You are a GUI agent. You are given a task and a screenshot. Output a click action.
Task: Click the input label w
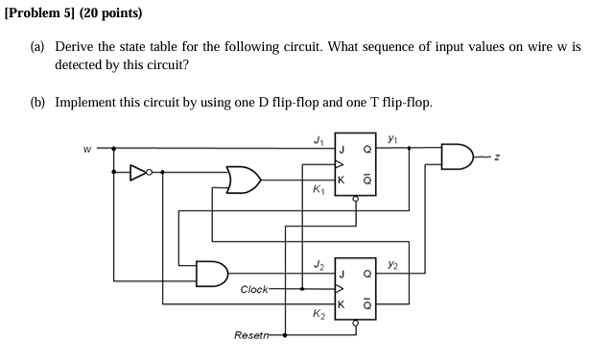point(87,149)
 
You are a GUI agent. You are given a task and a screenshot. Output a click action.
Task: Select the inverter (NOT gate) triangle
point(139,173)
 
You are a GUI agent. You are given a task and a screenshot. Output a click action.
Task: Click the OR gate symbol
point(241,180)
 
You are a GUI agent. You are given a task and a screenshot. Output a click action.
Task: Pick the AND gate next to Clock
point(210,273)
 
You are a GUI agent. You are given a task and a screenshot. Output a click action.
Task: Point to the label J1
point(318,139)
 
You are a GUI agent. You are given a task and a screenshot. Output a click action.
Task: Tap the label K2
point(318,314)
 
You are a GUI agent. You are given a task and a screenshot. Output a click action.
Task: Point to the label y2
point(393,262)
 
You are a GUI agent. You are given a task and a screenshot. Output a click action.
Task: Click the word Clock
point(254,288)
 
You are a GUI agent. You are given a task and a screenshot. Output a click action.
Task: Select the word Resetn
point(251,335)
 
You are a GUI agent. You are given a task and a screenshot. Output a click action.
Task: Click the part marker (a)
point(40,46)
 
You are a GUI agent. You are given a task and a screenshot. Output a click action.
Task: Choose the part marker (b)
point(40,102)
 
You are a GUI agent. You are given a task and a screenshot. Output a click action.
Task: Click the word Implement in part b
point(87,102)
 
